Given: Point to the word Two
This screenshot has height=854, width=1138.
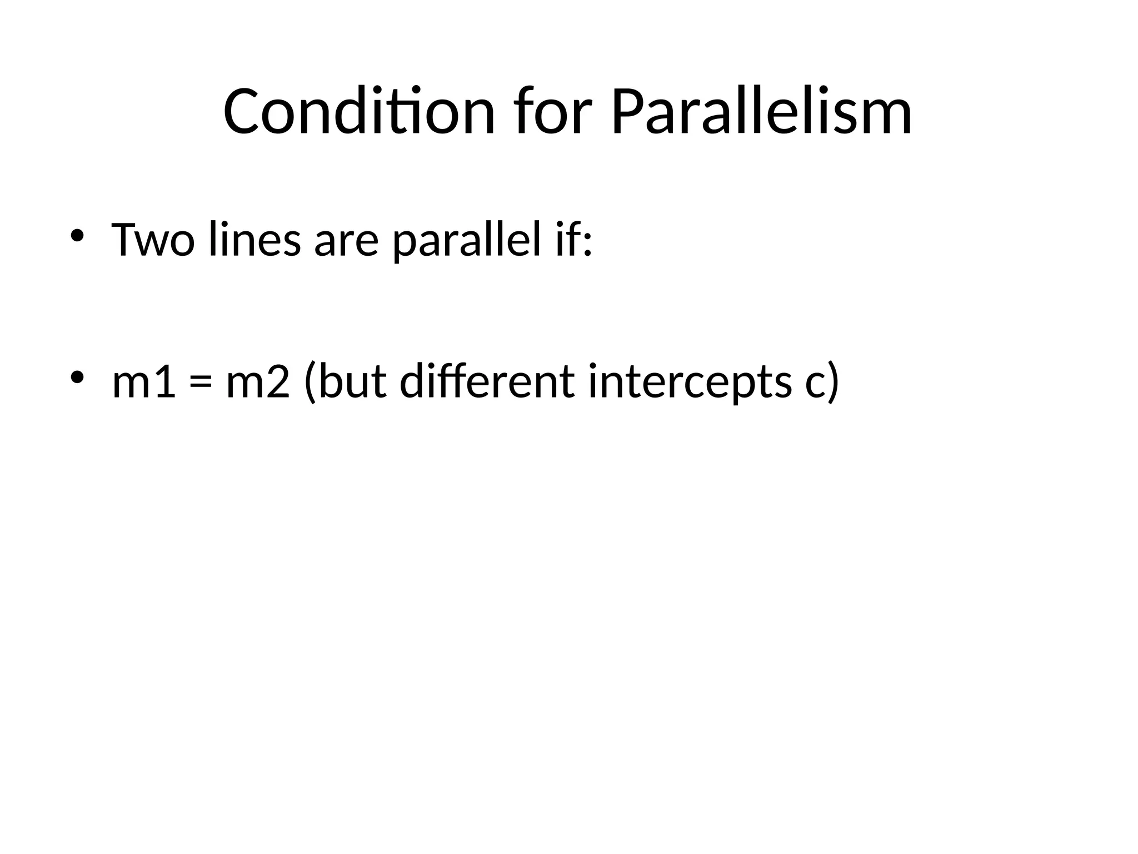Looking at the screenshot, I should coord(153,240).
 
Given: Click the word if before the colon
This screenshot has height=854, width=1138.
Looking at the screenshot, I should coord(566,240).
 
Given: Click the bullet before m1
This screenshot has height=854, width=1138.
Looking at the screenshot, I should coord(77,376).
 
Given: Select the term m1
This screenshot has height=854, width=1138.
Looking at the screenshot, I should coord(144,382).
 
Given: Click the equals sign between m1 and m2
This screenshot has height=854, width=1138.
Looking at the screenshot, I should coord(201,383).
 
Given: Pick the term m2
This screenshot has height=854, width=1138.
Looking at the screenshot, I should coord(258,382).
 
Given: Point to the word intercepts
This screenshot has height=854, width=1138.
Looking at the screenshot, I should coord(690,383).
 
